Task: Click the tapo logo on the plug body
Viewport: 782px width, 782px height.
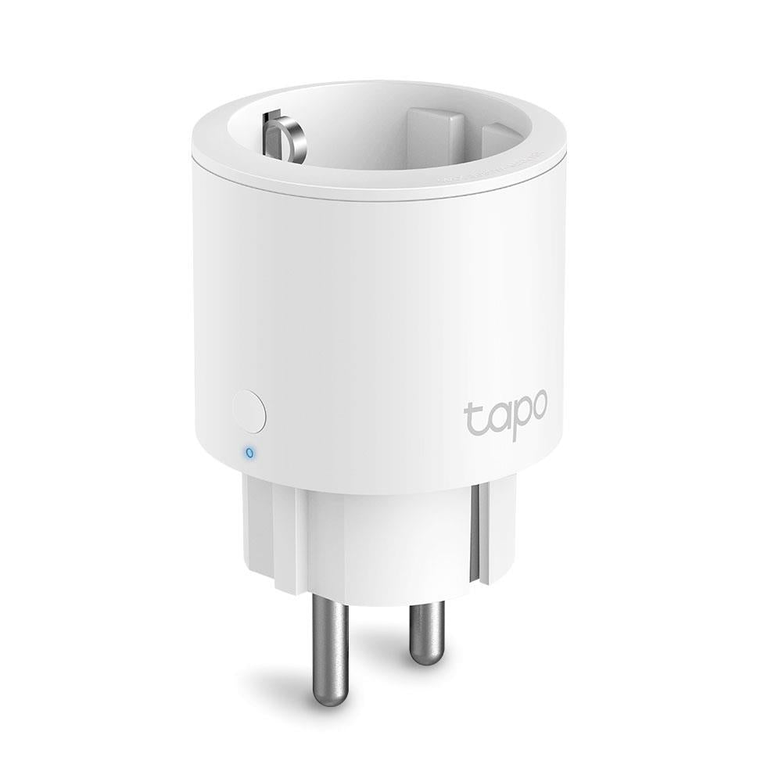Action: pyautogui.click(x=507, y=413)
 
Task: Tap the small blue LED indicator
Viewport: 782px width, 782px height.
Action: pyautogui.click(x=249, y=451)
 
